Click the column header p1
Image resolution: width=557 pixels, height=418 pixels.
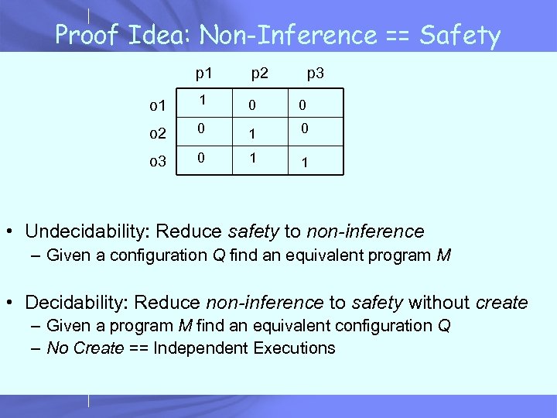204,74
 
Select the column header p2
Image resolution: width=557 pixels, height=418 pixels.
259,74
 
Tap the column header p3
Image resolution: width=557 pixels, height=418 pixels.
315,74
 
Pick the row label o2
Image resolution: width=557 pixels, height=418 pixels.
158,133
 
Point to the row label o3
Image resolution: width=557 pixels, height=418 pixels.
158,161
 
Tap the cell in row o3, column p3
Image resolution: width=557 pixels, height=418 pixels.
306,164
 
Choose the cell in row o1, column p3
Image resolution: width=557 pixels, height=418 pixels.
306,104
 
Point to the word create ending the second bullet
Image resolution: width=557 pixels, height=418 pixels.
503,303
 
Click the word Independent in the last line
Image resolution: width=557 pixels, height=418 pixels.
197,348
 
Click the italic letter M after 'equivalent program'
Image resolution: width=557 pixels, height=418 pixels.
443,255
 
